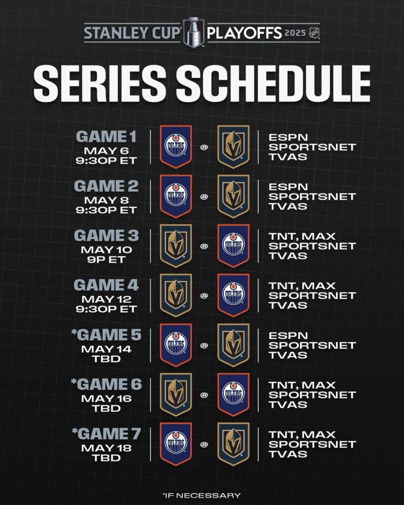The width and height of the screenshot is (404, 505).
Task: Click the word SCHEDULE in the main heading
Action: click(273, 83)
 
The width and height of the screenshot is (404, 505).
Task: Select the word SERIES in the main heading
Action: click(100, 83)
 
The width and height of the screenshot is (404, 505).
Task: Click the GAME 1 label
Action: click(107, 137)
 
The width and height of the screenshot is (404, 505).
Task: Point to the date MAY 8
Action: click(107, 200)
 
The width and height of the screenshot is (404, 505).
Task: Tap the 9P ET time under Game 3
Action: click(107, 259)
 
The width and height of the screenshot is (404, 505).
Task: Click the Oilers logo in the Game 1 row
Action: click(176, 146)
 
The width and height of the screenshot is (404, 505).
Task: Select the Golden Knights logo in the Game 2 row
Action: click(234, 196)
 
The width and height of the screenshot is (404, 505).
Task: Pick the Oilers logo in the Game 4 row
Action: click(234, 295)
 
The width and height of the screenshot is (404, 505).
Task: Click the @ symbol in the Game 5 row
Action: click(204, 346)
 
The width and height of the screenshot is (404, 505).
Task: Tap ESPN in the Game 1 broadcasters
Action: click(289, 138)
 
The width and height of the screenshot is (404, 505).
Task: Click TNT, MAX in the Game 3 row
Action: click(302, 237)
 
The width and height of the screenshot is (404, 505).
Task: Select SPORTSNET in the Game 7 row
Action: click(312, 444)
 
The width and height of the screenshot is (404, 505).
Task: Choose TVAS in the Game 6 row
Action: click(288, 404)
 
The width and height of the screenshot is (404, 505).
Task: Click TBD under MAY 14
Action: click(107, 359)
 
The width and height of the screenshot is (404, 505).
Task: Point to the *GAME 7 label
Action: click(107, 434)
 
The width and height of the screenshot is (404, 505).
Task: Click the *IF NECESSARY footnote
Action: click(202, 495)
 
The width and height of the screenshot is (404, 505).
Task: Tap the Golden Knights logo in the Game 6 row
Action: click(176, 395)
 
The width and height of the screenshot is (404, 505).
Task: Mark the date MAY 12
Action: click(107, 299)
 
